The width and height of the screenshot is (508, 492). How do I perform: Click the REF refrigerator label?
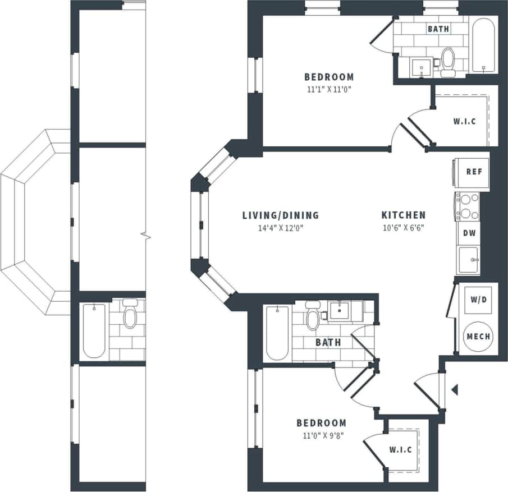click(474, 172)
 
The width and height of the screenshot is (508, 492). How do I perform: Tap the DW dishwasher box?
click(468, 233)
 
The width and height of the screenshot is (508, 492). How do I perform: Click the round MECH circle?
click(478, 337)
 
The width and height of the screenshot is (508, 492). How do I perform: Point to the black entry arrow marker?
click(455, 389)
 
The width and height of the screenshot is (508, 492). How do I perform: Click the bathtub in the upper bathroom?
click(483, 47)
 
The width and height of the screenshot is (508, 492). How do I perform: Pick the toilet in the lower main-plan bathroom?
click(313, 318)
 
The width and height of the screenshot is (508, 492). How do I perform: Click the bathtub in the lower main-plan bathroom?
click(277, 333)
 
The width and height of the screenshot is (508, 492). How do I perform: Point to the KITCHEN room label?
click(403, 215)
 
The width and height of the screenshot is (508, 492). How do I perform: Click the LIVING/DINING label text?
click(280, 215)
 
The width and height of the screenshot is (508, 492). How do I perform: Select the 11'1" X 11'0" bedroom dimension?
click(329, 89)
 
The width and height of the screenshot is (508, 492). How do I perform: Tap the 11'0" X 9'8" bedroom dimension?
click(321, 434)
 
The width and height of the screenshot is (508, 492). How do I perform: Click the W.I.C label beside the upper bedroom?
click(464, 121)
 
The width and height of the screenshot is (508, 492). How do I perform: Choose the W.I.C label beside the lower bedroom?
click(400, 450)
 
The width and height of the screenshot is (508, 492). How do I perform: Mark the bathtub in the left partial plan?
click(94, 330)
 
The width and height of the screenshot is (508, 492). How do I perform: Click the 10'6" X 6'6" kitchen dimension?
click(403, 227)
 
